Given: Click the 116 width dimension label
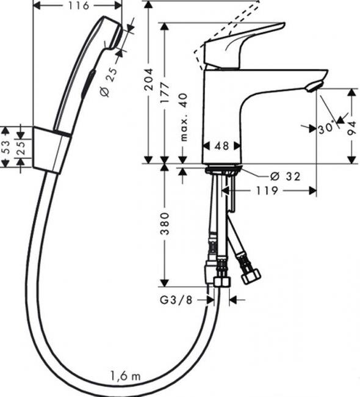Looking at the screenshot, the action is pos(78,5).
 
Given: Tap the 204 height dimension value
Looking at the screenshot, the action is pos(149,79).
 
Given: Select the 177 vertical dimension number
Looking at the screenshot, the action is pos(165,92).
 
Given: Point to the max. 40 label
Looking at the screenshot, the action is pos(184,117).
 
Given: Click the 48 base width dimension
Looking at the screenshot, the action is pos(221,145).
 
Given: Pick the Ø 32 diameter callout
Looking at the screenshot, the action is pos(286,177).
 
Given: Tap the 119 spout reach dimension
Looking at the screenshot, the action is pos(267,191).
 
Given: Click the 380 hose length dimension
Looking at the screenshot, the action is pos(165,224).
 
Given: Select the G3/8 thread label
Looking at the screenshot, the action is pos(176,300).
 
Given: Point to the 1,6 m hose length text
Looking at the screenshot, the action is pos(125,376).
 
